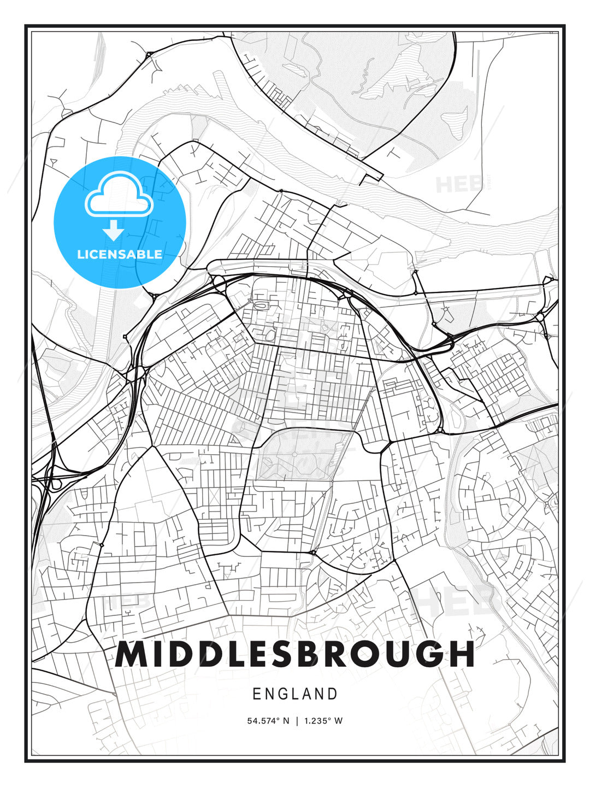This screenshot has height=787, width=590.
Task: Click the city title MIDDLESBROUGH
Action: coord(295,654)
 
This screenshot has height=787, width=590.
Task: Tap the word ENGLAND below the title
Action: coord(295,694)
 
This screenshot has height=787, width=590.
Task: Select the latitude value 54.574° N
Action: coord(268,721)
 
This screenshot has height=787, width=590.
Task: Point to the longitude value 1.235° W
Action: coord(322,721)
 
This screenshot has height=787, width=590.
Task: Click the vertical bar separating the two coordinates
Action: coord(296,721)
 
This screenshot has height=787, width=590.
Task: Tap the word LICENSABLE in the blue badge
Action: coord(120,254)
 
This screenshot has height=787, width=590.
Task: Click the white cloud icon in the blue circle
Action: coord(118,196)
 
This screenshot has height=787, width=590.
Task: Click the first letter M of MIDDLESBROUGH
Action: coord(131,654)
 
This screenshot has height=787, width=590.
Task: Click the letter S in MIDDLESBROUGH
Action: coord(284,654)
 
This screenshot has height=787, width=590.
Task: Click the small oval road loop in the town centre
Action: coord(261,306)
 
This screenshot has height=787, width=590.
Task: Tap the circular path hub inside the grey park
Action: coord(295,454)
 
